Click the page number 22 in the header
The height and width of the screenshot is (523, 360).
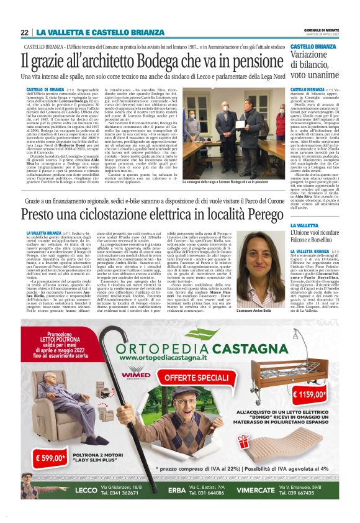25,32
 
